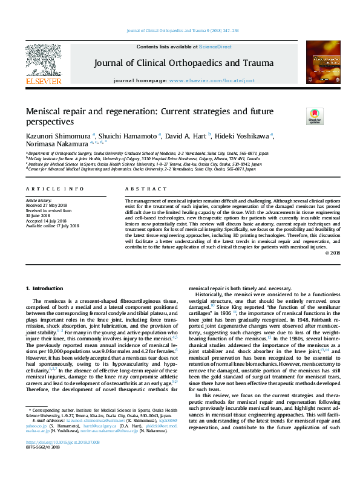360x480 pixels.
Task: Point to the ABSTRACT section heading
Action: [x=139, y=189]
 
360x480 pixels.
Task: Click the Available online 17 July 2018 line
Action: [x=53, y=227]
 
